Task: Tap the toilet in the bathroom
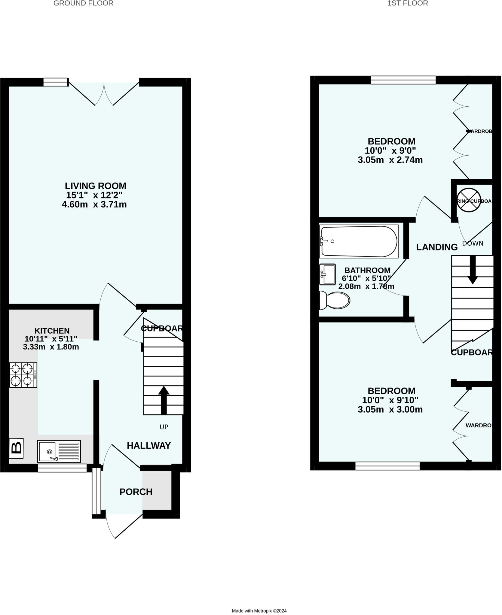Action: click(335, 300)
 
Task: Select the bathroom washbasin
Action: click(327, 274)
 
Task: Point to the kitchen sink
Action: click(59, 451)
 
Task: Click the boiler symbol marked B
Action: click(16, 449)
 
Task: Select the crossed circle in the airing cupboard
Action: click(469, 200)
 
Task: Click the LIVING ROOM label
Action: click(96, 186)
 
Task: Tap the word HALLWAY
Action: click(149, 446)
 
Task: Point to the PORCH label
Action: click(136, 492)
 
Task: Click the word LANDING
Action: click(437, 247)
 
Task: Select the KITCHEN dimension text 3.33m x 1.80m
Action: click(51, 347)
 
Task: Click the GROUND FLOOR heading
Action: click(83, 3)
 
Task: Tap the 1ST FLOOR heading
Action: click(408, 3)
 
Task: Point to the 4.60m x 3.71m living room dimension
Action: click(94, 204)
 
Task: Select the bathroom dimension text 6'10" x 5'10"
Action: click(366, 278)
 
